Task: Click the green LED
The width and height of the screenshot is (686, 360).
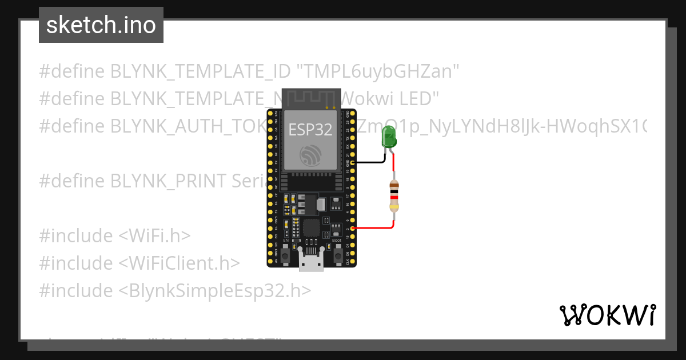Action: click(389, 139)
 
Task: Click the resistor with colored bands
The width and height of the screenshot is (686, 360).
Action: click(393, 196)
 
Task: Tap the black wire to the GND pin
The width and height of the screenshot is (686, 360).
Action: click(369, 162)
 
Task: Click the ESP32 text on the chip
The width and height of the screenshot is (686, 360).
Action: click(310, 130)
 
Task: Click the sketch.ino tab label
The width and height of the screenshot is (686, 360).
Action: click(101, 25)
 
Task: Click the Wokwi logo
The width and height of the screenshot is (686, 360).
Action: click(607, 315)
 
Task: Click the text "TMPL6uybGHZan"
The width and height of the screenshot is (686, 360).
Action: click(378, 71)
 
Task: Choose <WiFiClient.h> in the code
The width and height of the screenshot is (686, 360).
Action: click(179, 263)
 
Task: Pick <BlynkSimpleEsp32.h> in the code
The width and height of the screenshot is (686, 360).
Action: click(215, 291)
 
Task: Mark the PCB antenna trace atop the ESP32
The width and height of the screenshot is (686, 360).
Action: click(311, 98)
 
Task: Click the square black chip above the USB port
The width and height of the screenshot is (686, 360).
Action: click(312, 227)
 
